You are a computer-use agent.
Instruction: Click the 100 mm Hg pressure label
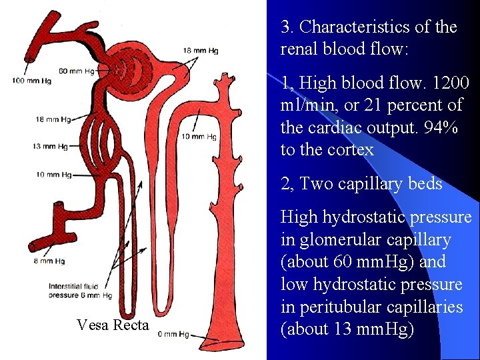tap(27, 81)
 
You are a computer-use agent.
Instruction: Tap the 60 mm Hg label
tap(77, 71)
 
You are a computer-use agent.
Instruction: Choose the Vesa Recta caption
tap(112, 325)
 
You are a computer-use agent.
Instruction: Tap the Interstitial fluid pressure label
tap(80, 291)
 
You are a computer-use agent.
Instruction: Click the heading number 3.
tap(287, 27)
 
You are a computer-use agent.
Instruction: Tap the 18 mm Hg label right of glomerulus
tap(200, 51)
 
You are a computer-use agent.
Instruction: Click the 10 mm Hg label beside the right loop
tap(199, 137)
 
